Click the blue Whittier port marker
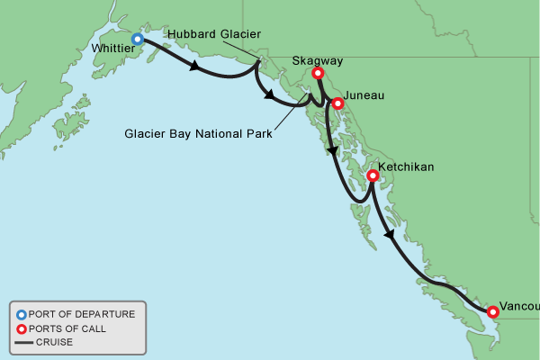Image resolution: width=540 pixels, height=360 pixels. [138, 39]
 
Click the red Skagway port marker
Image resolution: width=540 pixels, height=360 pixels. [318, 74]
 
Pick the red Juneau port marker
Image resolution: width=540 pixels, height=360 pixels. [338, 103]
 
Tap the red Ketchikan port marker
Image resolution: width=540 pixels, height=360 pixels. [372, 176]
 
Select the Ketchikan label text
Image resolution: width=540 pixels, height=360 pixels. [407, 168]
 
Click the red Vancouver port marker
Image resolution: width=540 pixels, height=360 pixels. [493, 312]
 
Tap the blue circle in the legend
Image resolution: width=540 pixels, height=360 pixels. [21, 314]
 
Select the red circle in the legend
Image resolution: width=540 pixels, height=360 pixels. [21, 328]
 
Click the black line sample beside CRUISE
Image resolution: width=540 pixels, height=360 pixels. [21, 342]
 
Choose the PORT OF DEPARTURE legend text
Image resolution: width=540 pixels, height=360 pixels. [82, 314]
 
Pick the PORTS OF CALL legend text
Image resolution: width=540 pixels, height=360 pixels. [67, 328]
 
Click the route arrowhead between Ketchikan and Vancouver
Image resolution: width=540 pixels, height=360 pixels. [388, 235]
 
